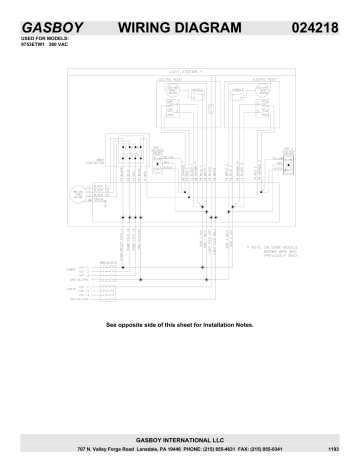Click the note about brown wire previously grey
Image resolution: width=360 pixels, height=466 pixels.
pyautogui.click(x=274, y=246)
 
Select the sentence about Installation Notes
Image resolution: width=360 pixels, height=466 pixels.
pyautogui.click(x=180, y=325)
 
